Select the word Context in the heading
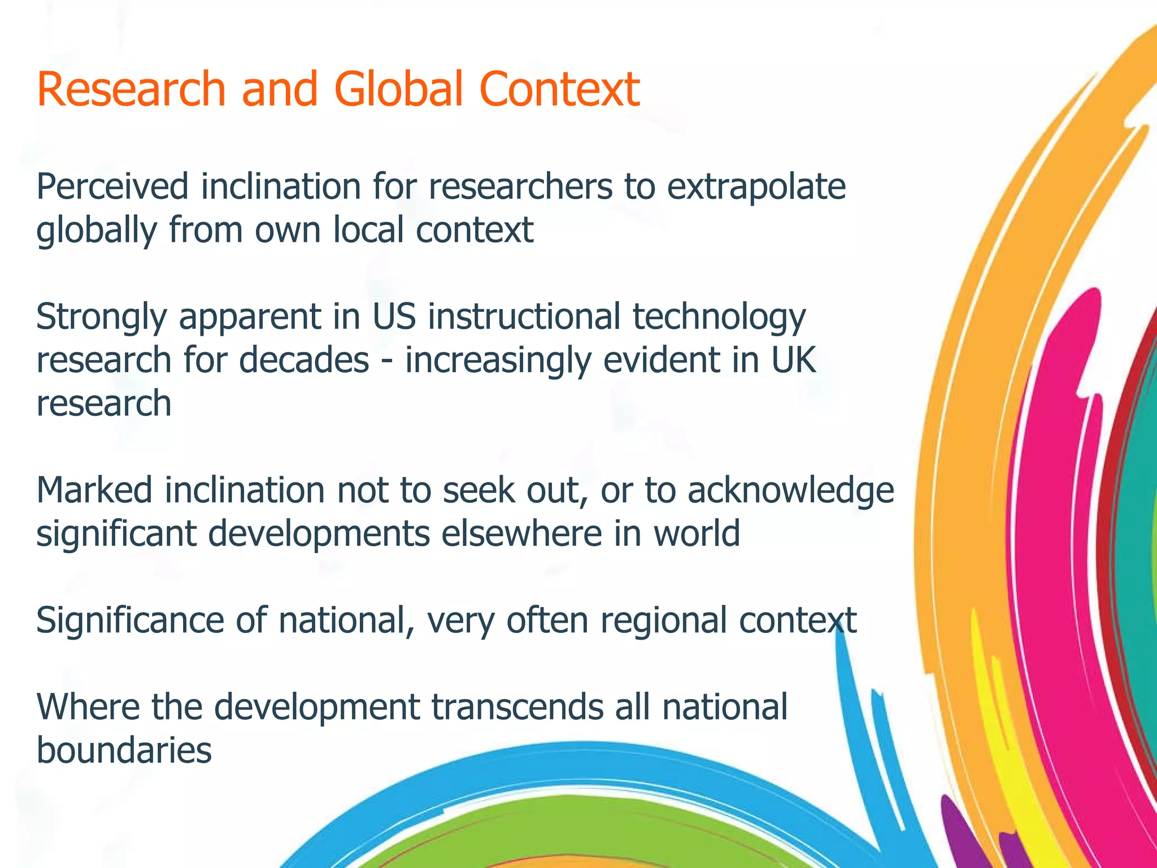click(x=559, y=89)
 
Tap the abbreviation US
click(x=394, y=316)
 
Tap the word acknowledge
click(x=790, y=491)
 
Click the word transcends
click(x=517, y=707)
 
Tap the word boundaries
click(x=124, y=750)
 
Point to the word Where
click(x=88, y=707)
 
